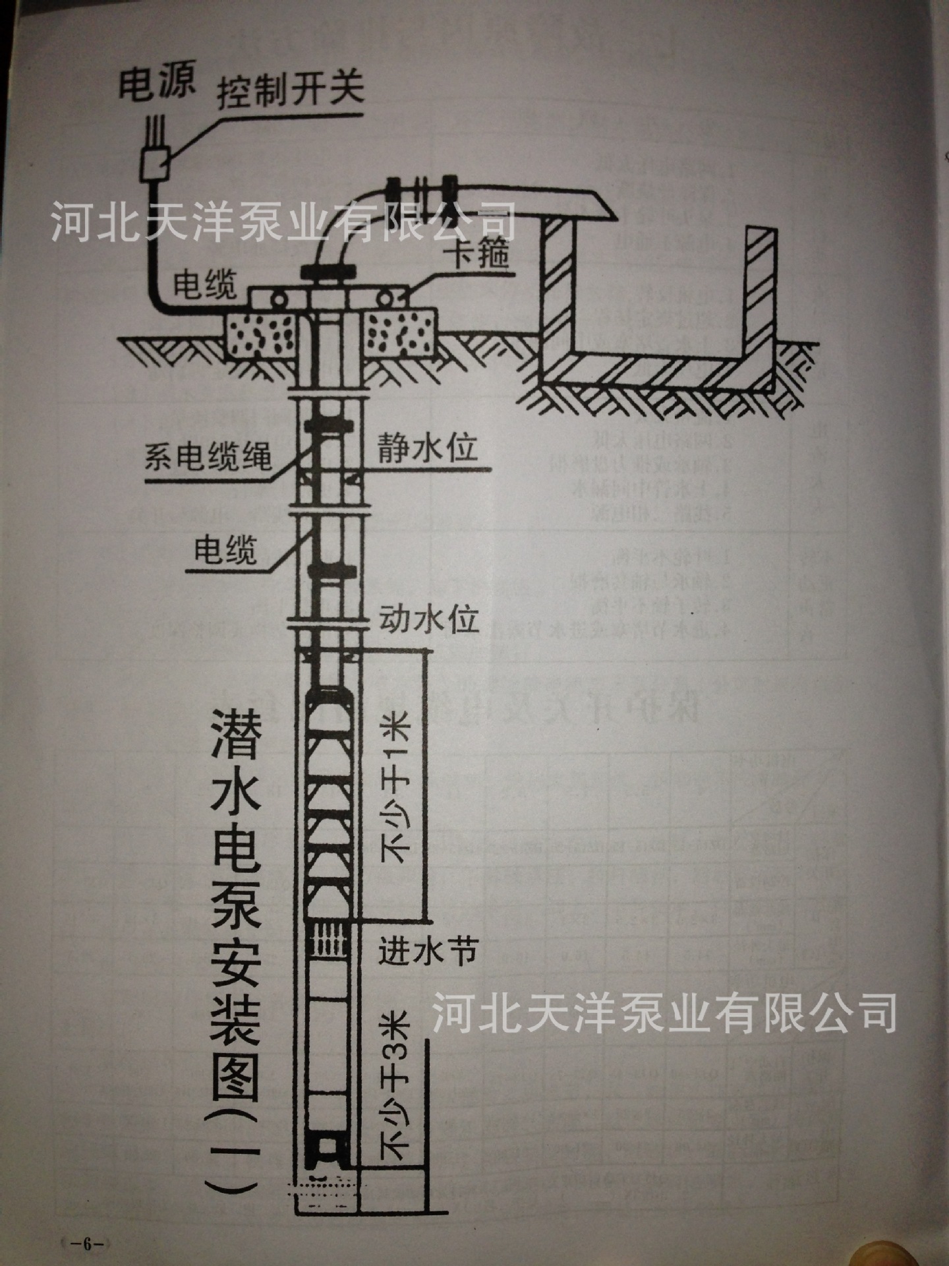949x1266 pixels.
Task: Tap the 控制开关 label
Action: (x=290, y=93)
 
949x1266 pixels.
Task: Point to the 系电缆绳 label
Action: (x=208, y=456)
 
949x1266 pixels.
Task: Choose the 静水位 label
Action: (x=426, y=450)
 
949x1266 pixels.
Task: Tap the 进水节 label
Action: (x=427, y=950)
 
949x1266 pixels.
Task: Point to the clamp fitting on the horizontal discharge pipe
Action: (x=422, y=195)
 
